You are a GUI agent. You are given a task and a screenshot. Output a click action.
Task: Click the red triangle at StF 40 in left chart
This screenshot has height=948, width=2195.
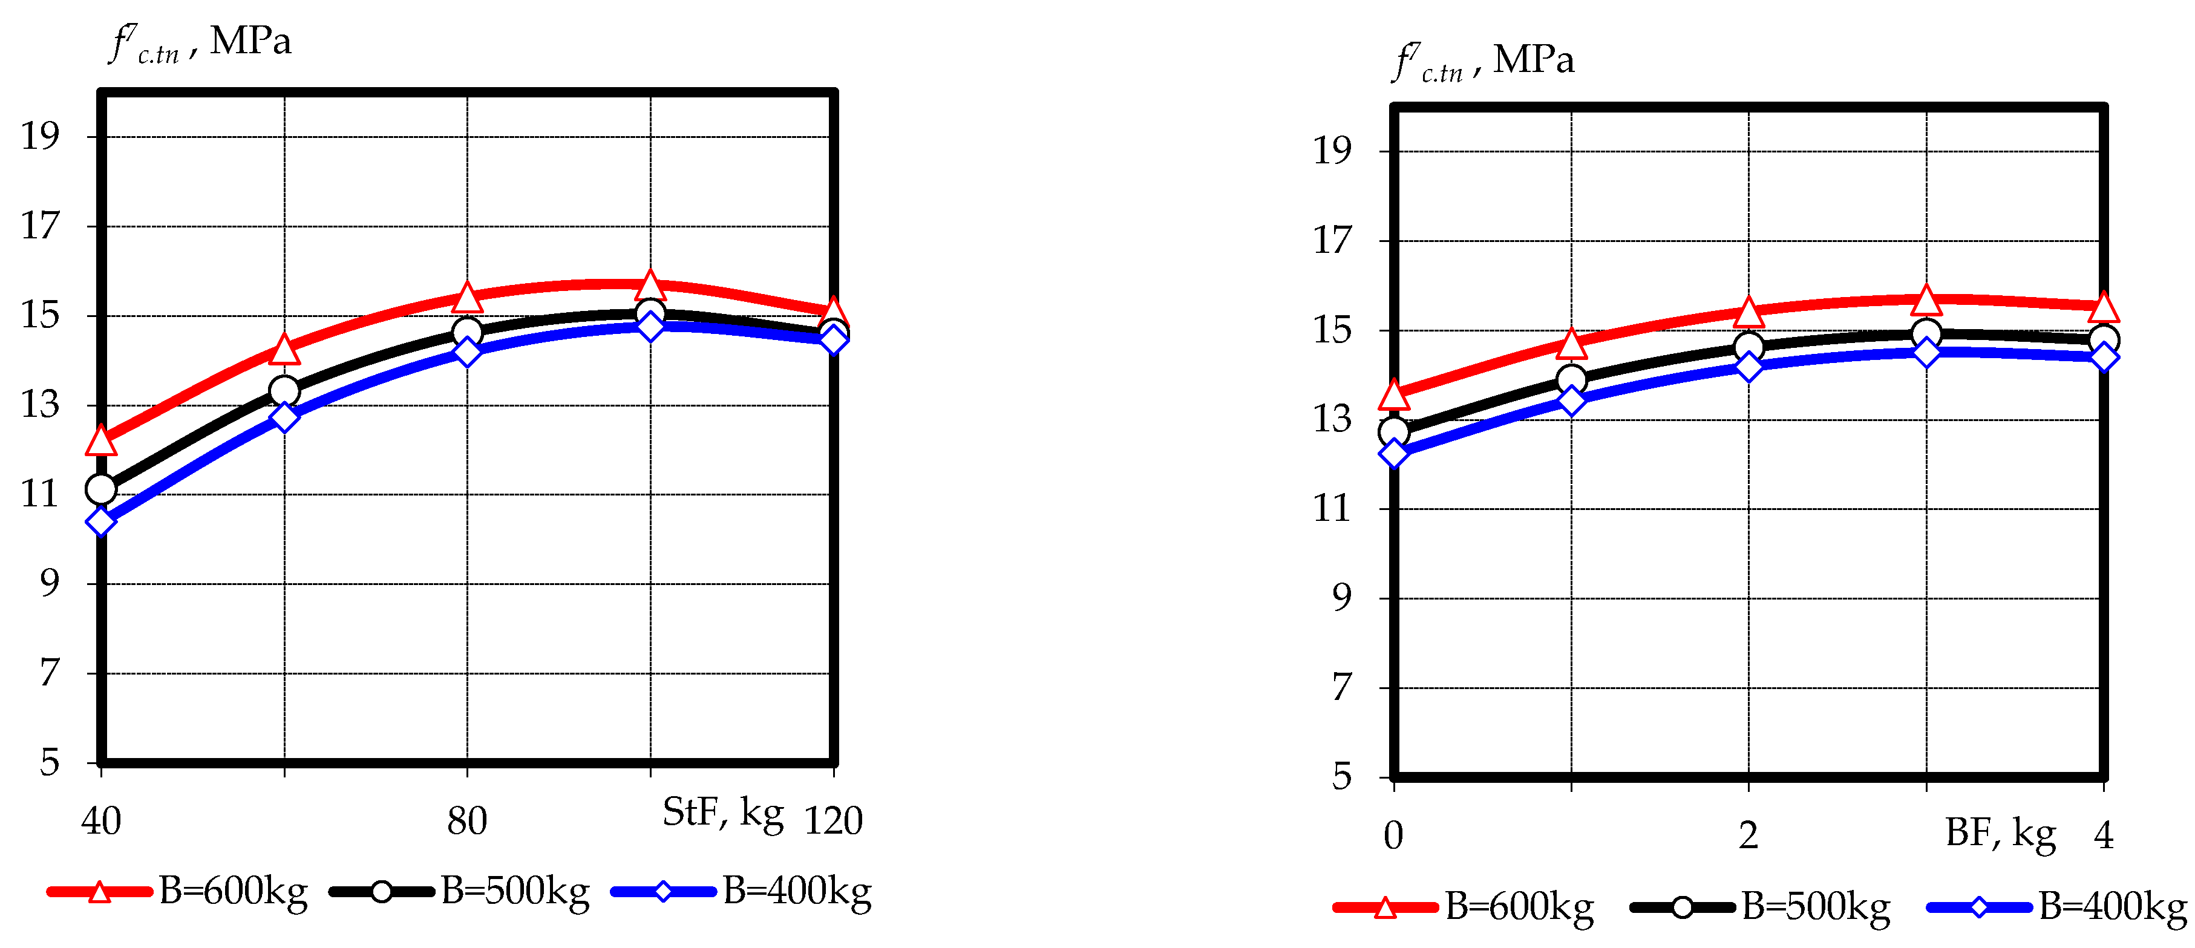click(100, 441)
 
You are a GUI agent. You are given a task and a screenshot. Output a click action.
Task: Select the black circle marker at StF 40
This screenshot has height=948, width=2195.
click(100, 489)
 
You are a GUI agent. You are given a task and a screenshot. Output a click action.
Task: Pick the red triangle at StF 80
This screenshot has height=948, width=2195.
click(467, 297)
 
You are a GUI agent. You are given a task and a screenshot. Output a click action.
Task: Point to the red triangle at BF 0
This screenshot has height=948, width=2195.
click(1394, 395)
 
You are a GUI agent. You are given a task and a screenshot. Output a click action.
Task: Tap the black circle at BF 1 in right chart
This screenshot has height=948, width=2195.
click(1571, 380)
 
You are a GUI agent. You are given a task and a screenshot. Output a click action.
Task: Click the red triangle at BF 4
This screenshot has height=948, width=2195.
click(2104, 307)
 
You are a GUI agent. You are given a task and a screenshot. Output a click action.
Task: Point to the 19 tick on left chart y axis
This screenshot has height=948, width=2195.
click(40, 136)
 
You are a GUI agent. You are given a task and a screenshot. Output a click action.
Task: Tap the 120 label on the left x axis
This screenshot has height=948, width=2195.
click(833, 821)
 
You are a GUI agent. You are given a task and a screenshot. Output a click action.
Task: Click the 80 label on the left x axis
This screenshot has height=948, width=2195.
click(467, 821)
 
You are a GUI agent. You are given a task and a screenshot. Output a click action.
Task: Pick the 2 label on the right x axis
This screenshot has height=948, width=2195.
click(1748, 835)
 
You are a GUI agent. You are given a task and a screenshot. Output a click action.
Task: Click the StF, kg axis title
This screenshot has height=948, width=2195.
click(722, 814)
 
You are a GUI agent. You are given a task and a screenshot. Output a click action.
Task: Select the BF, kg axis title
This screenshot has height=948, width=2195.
click(2000, 834)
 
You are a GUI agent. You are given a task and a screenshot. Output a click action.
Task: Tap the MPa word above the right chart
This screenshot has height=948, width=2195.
click(1533, 60)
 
